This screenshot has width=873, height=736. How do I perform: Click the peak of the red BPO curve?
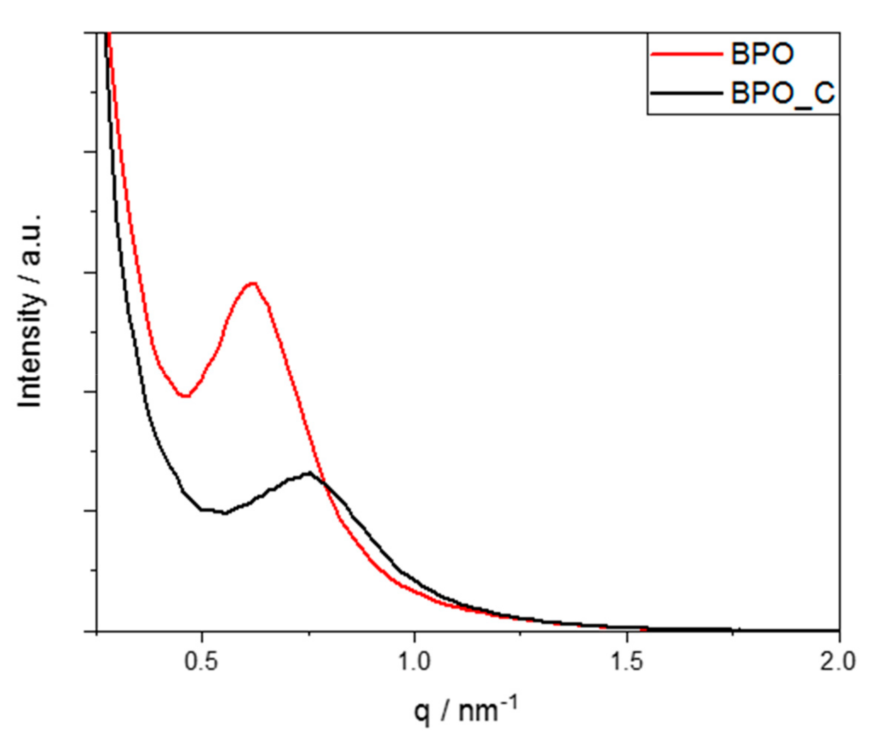pos(253,283)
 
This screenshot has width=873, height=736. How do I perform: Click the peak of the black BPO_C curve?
pos(310,473)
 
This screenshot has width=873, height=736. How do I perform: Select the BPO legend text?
pos(762,54)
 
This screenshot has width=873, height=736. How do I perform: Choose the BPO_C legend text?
pos(783,93)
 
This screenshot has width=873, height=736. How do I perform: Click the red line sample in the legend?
pos(687,54)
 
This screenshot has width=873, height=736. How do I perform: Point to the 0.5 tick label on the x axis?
pos(201,662)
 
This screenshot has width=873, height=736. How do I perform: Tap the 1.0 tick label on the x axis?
pos(414,662)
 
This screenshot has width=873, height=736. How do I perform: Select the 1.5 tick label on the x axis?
pos(626,662)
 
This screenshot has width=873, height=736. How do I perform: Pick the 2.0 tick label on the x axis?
pos(838,662)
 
